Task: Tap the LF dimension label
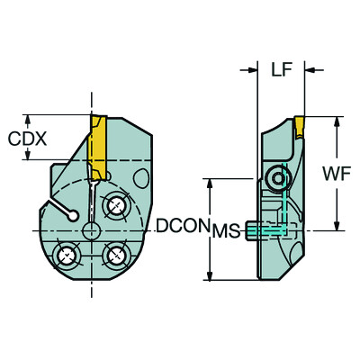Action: coord(281,69)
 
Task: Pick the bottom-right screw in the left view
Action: coord(115,256)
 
